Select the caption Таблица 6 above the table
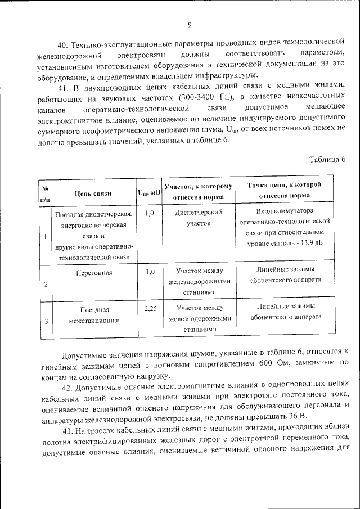tap(327, 159)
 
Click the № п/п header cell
tap(46, 193)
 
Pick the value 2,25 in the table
tap(150, 308)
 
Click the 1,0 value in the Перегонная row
tap(150, 272)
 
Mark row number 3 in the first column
tap(46, 321)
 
